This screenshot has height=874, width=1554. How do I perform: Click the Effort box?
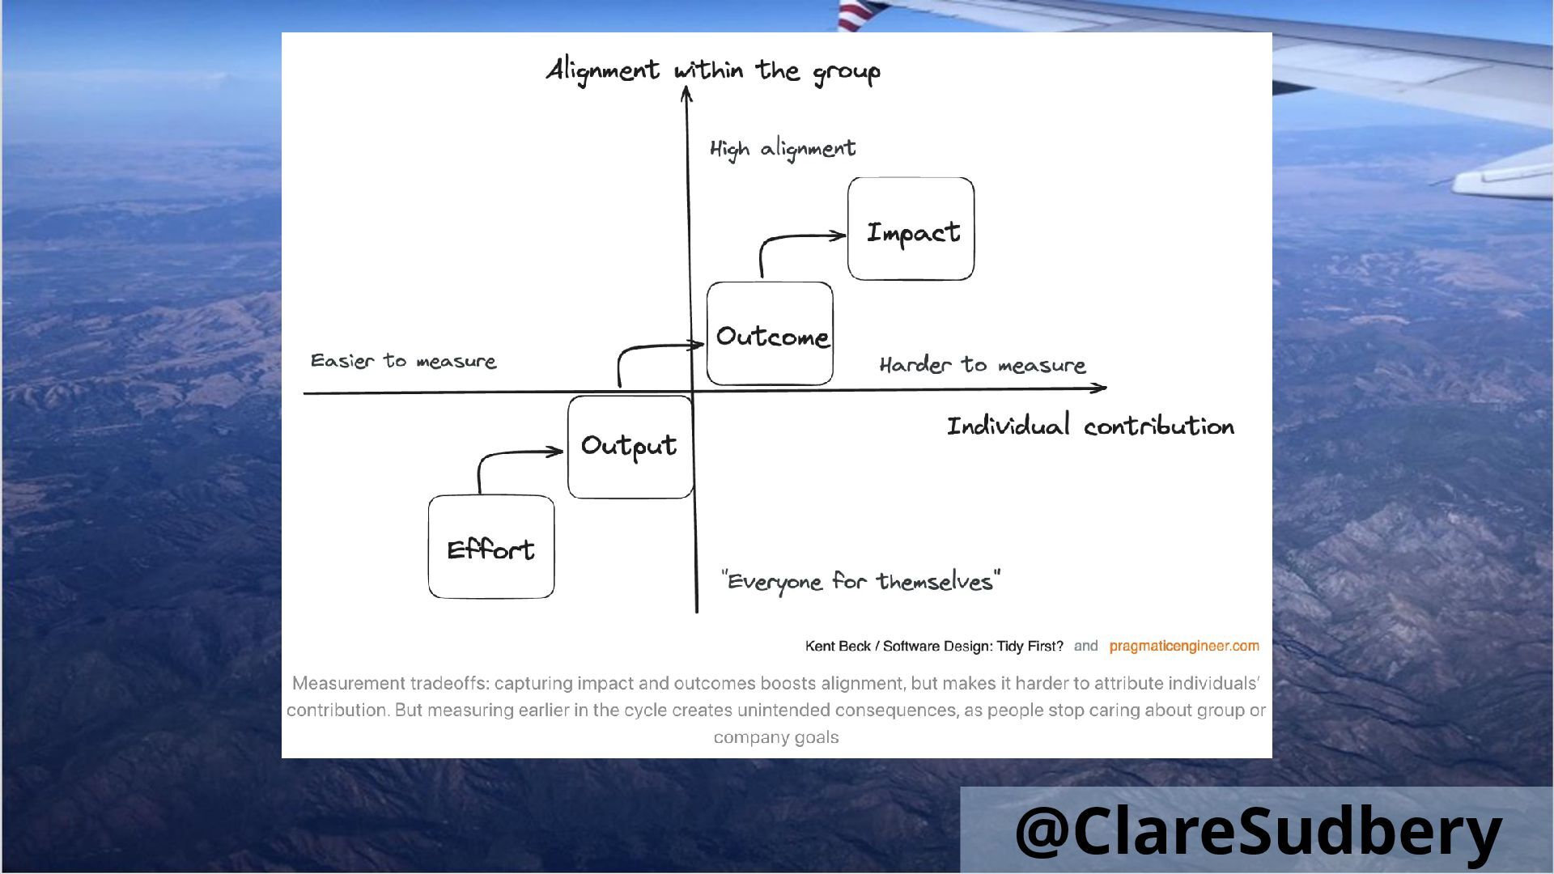coord(491,547)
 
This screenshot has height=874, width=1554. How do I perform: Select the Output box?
coord(630,447)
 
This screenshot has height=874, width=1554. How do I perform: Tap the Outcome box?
coord(770,333)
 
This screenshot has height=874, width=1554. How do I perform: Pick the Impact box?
coord(911,229)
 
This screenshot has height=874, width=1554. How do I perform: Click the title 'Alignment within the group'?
coord(713,71)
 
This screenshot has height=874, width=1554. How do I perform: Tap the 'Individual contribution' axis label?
coord(1090,426)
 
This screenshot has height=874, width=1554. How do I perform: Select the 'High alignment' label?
coord(782,149)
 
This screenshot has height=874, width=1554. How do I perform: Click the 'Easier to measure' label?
coord(403,361)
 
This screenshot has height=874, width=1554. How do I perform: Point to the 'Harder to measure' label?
coord(982,365)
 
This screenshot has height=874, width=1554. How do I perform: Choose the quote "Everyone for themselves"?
coord(860,581)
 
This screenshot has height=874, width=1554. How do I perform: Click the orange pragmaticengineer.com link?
coord(1183,646)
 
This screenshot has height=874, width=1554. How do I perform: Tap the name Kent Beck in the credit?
coord(838,646)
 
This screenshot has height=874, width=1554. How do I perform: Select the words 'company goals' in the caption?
coord(776,737)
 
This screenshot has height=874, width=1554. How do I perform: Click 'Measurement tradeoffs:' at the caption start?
coord(390,683)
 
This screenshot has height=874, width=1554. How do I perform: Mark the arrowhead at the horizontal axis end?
coord(1101,388)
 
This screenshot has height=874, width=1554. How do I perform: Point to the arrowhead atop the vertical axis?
coord(686,94)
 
